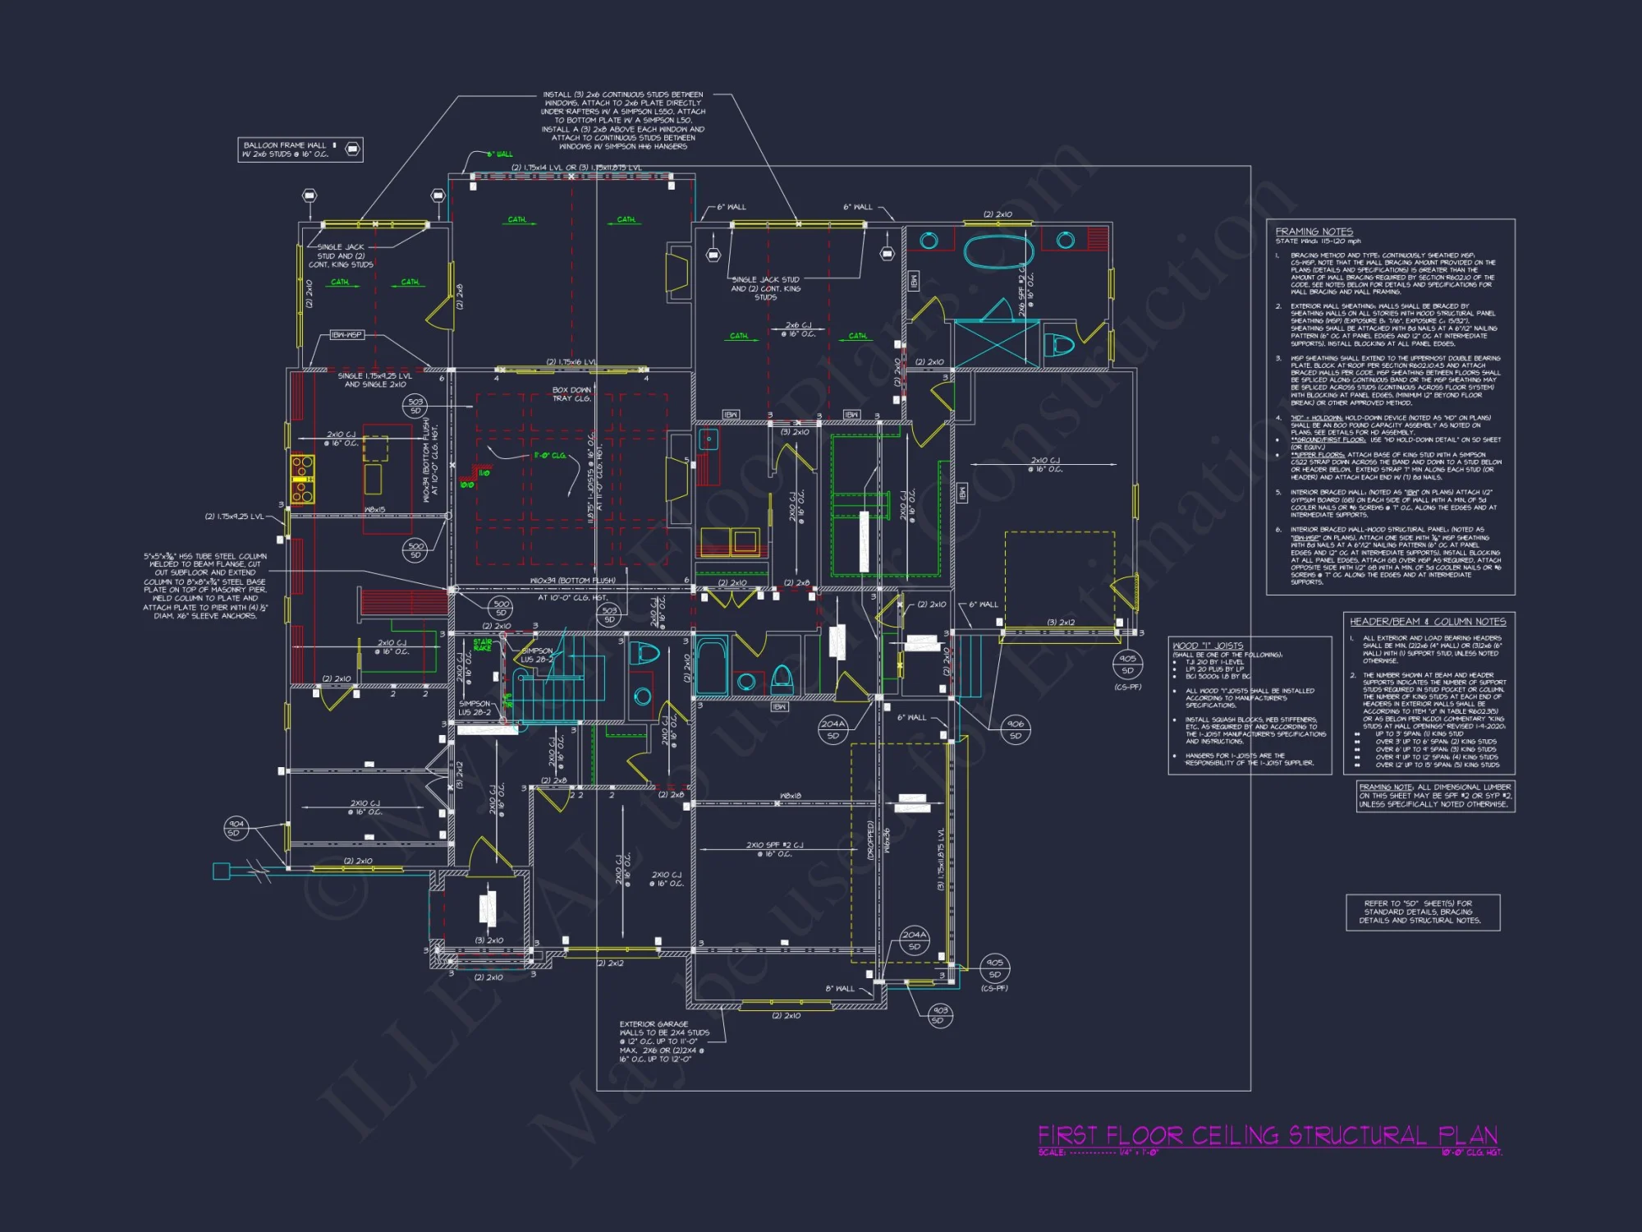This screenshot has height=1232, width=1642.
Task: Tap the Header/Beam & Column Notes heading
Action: coord(1428,622)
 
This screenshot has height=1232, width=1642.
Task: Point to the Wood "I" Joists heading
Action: coord(1208,646)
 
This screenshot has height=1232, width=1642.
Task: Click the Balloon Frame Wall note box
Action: coord(300,149)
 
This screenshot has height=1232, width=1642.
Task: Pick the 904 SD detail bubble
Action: coord(236,828)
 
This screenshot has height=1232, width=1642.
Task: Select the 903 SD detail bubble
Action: coord(940,1014)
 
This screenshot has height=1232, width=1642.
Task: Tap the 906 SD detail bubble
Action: coord(1016,729)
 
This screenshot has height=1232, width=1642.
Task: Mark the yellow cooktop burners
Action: coord(301,478)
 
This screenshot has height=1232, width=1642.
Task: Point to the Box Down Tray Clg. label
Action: coord(571,394)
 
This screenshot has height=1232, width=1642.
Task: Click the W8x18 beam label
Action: coord(790,796)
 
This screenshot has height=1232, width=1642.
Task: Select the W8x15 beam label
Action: coord(375,510)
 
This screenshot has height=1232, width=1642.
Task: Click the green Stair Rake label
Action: coord(483,645)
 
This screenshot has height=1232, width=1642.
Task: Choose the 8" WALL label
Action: coord(839,988)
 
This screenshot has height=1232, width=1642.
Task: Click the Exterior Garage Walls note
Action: coord(663,1041)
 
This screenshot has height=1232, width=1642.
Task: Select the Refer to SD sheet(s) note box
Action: coord(1423,912)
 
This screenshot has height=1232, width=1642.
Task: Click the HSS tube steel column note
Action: coord(204,586)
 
